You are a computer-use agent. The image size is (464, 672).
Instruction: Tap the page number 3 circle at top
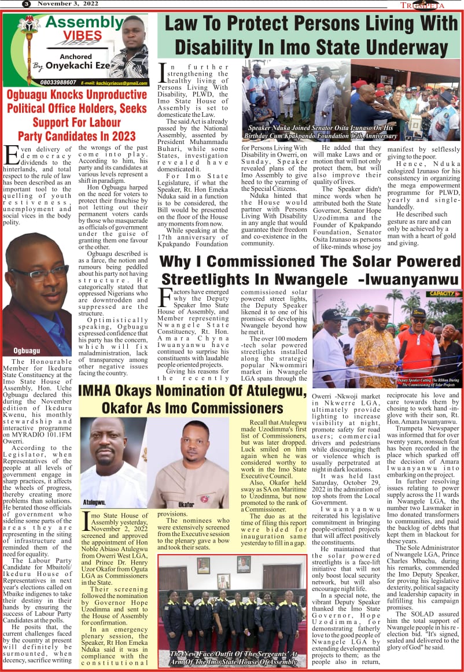point(26,4)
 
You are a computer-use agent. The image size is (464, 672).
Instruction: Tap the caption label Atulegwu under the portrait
point(94,503)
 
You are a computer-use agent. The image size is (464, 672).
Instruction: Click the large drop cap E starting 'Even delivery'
point(11,155)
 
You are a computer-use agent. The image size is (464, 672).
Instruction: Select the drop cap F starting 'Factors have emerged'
point(164,297)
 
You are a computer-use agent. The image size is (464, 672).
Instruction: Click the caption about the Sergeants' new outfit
point(233,657)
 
